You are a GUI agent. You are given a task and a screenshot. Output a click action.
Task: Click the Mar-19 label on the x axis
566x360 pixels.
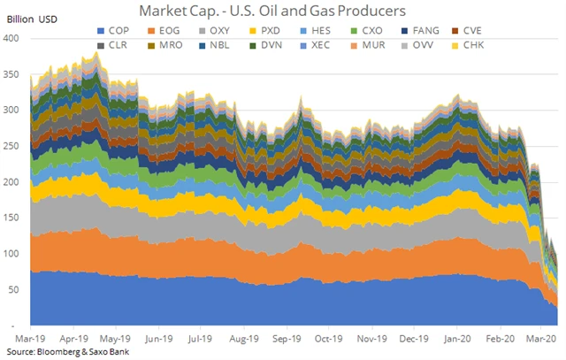pyautogui.click(x=31, y=337)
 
